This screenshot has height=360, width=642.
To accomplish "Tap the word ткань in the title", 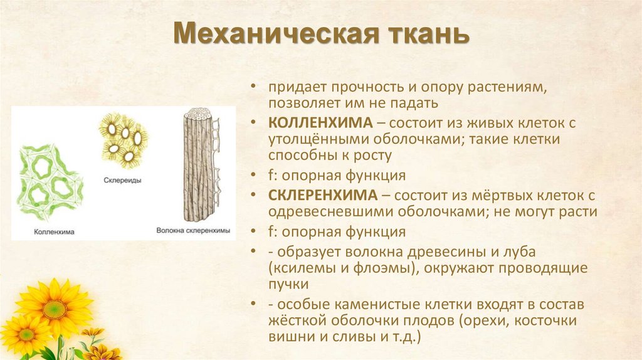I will click(421, 35).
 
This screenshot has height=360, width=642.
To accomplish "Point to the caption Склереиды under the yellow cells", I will click(122, 179).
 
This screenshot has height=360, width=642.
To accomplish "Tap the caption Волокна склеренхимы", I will click(193, 231).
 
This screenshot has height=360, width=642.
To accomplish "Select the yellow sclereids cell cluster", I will click(124, 140).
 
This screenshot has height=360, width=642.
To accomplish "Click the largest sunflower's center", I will click(55, 309).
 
